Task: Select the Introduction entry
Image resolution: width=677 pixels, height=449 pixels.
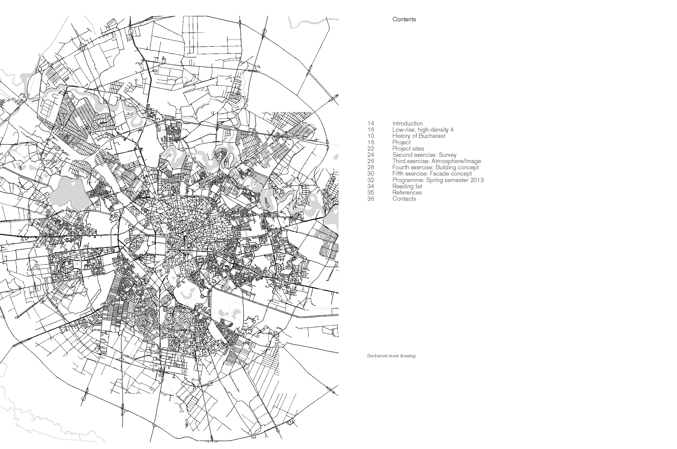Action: pos(407,123)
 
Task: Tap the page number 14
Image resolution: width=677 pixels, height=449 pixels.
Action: pos(371,123)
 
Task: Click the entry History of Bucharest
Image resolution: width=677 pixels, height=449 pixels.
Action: pos(419,136)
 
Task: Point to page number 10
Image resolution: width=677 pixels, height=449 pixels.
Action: pos(371,136)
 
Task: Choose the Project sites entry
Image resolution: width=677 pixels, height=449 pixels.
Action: pos(408,149)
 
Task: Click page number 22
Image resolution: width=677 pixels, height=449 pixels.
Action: pos(371,149)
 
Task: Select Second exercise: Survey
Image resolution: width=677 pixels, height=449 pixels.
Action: pos(424,155)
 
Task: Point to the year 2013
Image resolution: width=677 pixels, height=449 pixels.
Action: pos(477,180)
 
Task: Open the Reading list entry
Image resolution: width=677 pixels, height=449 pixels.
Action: pos(407,186)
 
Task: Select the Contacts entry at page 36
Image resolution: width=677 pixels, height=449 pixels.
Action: pos(404,199)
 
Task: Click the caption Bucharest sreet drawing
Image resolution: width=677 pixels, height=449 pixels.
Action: pos(391,356)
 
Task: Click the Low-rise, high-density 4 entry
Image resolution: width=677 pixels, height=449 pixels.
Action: pos(423,130)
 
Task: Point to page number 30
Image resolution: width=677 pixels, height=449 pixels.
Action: pos(371,174)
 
